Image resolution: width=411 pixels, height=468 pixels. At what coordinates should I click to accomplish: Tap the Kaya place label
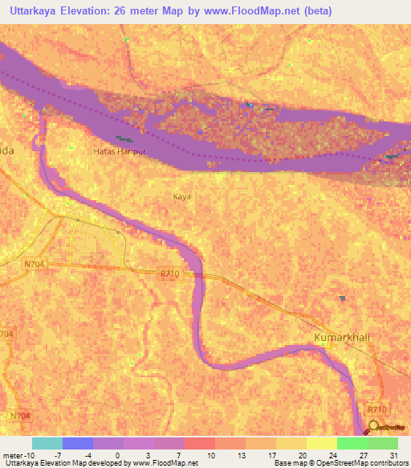[182, 196]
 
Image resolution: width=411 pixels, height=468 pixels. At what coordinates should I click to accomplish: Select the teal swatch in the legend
[47, 443]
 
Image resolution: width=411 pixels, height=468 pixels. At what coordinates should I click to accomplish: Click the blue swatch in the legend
[78, 443]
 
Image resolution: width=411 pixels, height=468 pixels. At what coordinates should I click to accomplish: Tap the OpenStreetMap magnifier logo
[373, 425]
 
